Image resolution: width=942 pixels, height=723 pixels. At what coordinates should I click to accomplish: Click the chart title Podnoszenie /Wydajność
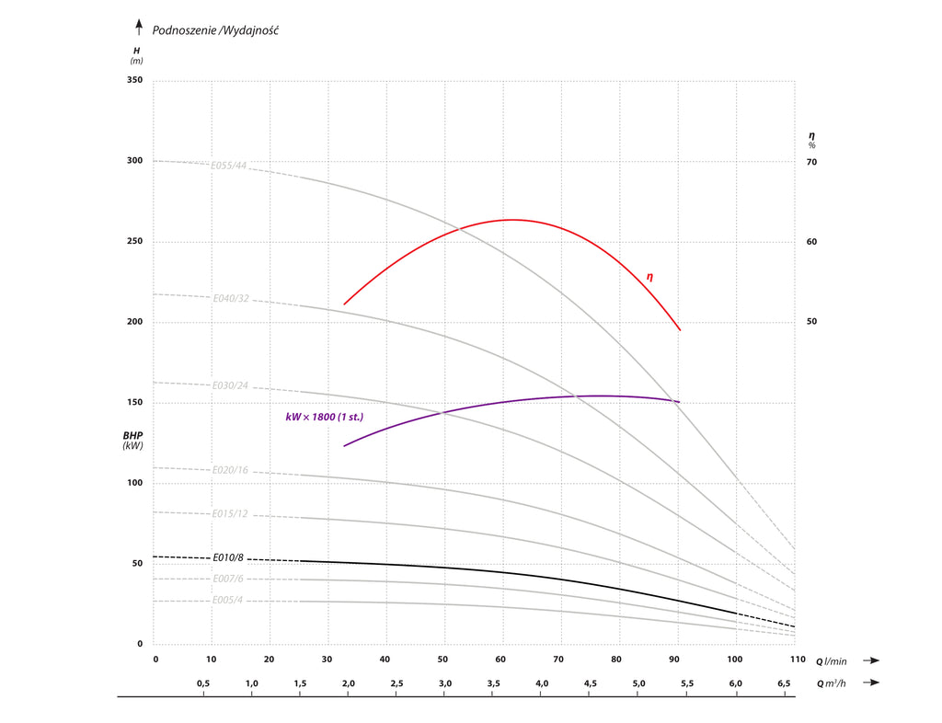tap(215, 30)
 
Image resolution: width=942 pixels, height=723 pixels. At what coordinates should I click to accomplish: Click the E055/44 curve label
tap(229, 166)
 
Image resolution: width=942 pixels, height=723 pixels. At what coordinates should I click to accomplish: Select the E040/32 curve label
tap(231, 299)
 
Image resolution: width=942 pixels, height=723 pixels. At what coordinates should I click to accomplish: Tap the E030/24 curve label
tap(230, 385)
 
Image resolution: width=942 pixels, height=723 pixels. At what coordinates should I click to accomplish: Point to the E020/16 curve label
tap(230, 470)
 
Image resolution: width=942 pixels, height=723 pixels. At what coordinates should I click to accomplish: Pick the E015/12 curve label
tap(230, 513)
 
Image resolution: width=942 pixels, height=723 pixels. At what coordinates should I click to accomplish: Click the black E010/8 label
tap(228, 557)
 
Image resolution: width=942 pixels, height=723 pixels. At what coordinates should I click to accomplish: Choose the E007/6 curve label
tap(228, 579)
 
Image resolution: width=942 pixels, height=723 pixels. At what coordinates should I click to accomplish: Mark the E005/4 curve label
tap(228, 601)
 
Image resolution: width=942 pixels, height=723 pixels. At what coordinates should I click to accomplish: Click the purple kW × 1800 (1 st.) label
tap(324, 417)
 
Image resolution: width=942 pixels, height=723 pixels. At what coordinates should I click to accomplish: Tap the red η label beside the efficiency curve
tap(649, 276)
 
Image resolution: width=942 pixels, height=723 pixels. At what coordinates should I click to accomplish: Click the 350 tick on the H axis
tap(134, 81)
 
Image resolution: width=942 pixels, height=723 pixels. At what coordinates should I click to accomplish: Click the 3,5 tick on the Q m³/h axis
tap(493, 683)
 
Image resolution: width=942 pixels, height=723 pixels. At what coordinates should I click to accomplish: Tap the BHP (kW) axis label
tap(133, 440)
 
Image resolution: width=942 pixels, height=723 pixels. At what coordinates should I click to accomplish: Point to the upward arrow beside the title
tap(139, 27)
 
